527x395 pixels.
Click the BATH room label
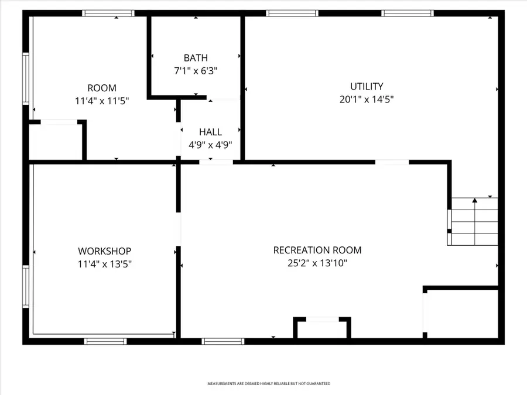(196, 58)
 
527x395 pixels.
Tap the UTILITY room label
(367, 87)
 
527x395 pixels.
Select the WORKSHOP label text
(104, 251)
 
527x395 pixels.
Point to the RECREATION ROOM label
(317, 250)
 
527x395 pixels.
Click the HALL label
(210, 132)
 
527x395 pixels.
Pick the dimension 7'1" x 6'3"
(196, 71)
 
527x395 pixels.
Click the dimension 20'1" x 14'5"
(367, 99)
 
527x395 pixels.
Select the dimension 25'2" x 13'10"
(317, 263)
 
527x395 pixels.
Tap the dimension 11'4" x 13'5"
(104, 264)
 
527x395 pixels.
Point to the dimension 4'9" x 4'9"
(210, 145)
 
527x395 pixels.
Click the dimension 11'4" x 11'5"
(102, 101)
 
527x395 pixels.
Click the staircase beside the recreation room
(473, 221)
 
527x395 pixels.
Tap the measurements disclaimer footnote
(269, 384)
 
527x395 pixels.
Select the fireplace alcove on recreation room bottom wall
(322, 329)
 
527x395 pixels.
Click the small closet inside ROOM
(56, 141)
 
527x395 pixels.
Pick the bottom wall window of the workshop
(105, 341)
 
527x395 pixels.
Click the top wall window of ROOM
(108, 13)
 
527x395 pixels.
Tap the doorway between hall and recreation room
(216, 162)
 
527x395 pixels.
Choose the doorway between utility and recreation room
(392, 162)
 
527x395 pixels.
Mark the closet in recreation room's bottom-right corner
(461, 313)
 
